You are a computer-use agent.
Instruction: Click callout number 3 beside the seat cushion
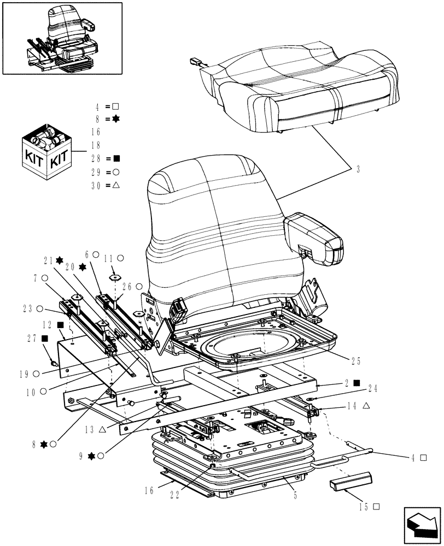point(358,170)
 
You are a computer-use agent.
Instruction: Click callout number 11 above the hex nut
point(108,257)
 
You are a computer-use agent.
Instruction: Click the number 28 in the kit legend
point(97,159)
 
